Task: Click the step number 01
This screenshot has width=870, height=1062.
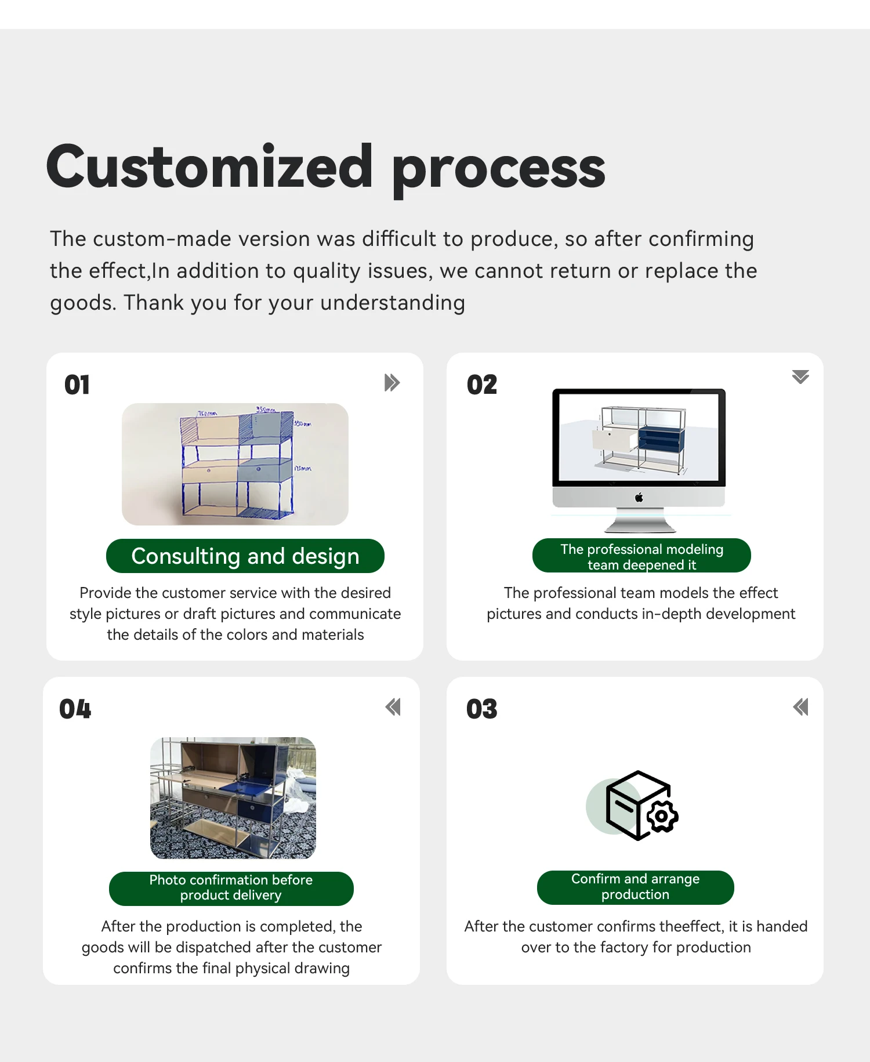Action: point(77,385)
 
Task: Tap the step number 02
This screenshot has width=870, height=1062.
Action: point(482,385)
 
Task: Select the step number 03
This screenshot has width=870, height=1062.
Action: point(482,709)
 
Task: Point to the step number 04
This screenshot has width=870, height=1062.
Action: point(75,709)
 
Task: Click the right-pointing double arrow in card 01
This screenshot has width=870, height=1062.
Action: point(392,383)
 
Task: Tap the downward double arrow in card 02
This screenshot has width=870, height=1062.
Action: point(800,377)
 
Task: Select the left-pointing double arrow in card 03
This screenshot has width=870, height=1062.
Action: point(800,707)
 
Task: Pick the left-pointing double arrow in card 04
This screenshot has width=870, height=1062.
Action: point(393,707)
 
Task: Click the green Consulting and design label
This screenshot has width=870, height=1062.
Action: point(245,556)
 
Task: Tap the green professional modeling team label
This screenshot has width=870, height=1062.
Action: point(641,556)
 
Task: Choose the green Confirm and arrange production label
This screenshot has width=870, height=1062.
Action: point(635,887)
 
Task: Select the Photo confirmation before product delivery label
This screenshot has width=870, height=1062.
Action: point(231,888)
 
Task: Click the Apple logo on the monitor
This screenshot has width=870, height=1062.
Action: point(639,497)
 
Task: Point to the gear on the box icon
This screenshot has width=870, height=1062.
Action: point(662,817)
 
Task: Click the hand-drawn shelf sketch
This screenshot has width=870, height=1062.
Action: point(235,464)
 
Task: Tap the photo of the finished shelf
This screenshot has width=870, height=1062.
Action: point(233,798)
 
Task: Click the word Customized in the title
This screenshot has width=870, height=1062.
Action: point(209,168)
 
